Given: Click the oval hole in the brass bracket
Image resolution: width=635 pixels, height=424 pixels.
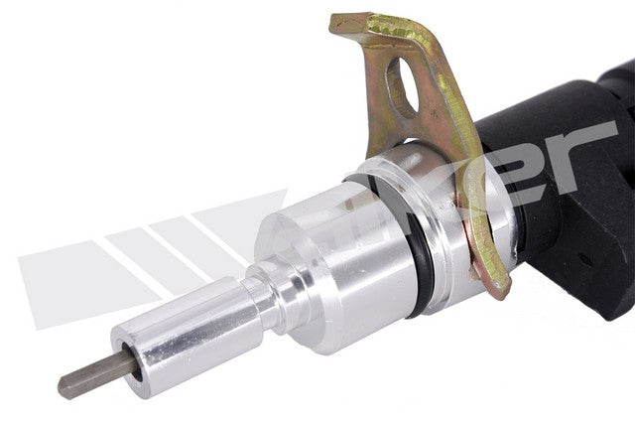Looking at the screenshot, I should pos(401,87).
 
